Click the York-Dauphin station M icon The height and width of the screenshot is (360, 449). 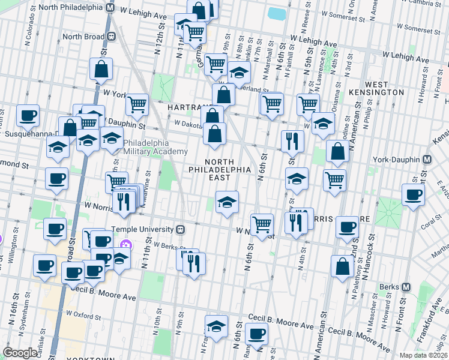click(427, 160)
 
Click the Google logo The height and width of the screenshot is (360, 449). click(20, 353)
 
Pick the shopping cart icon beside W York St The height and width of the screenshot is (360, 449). click(137, 104)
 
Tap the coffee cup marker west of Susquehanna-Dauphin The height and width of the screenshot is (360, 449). click(27, 116)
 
